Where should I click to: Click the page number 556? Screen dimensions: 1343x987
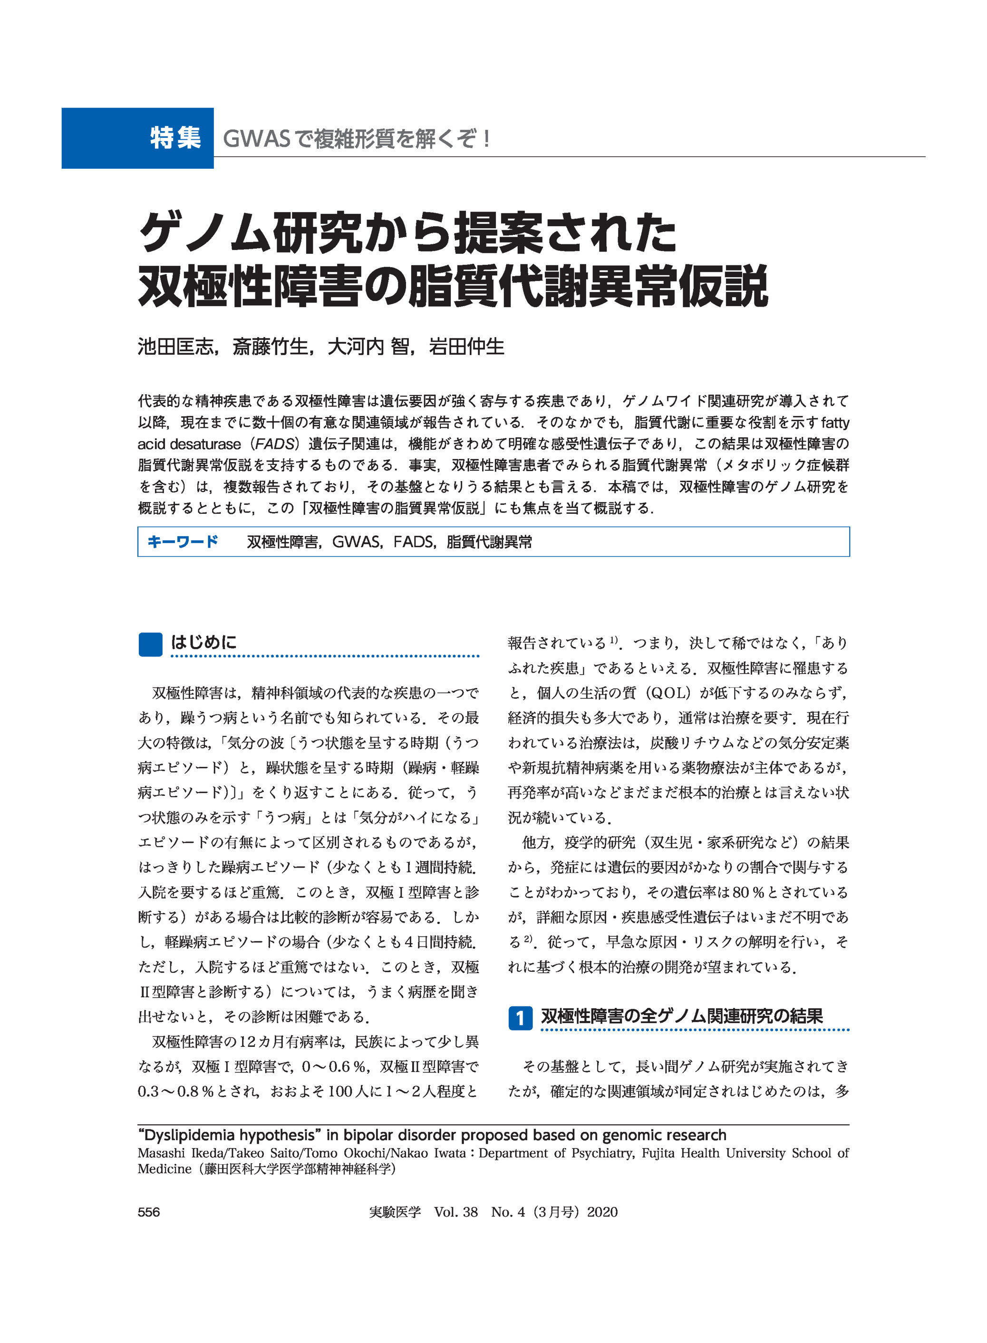tap(149, 1212)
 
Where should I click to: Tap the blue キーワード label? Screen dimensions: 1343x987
tap(183, 541)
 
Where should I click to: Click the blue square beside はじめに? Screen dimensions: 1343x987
tap(150, 644)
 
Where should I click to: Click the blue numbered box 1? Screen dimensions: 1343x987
tap(520, 1017)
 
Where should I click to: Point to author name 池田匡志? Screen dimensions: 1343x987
tap(175, 347)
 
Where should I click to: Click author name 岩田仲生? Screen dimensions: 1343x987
tap(466, 347)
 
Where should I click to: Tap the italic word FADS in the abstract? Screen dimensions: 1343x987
tap(274, 444)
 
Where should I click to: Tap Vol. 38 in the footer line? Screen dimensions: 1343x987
tap(456, 1212)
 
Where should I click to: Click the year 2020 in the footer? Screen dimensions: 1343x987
tap(602, 1212)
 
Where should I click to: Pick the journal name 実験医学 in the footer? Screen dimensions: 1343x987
tap(395, 1212)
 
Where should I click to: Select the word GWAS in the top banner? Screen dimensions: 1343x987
tap(256, 139)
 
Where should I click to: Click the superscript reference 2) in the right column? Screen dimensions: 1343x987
tap(528, 938)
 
